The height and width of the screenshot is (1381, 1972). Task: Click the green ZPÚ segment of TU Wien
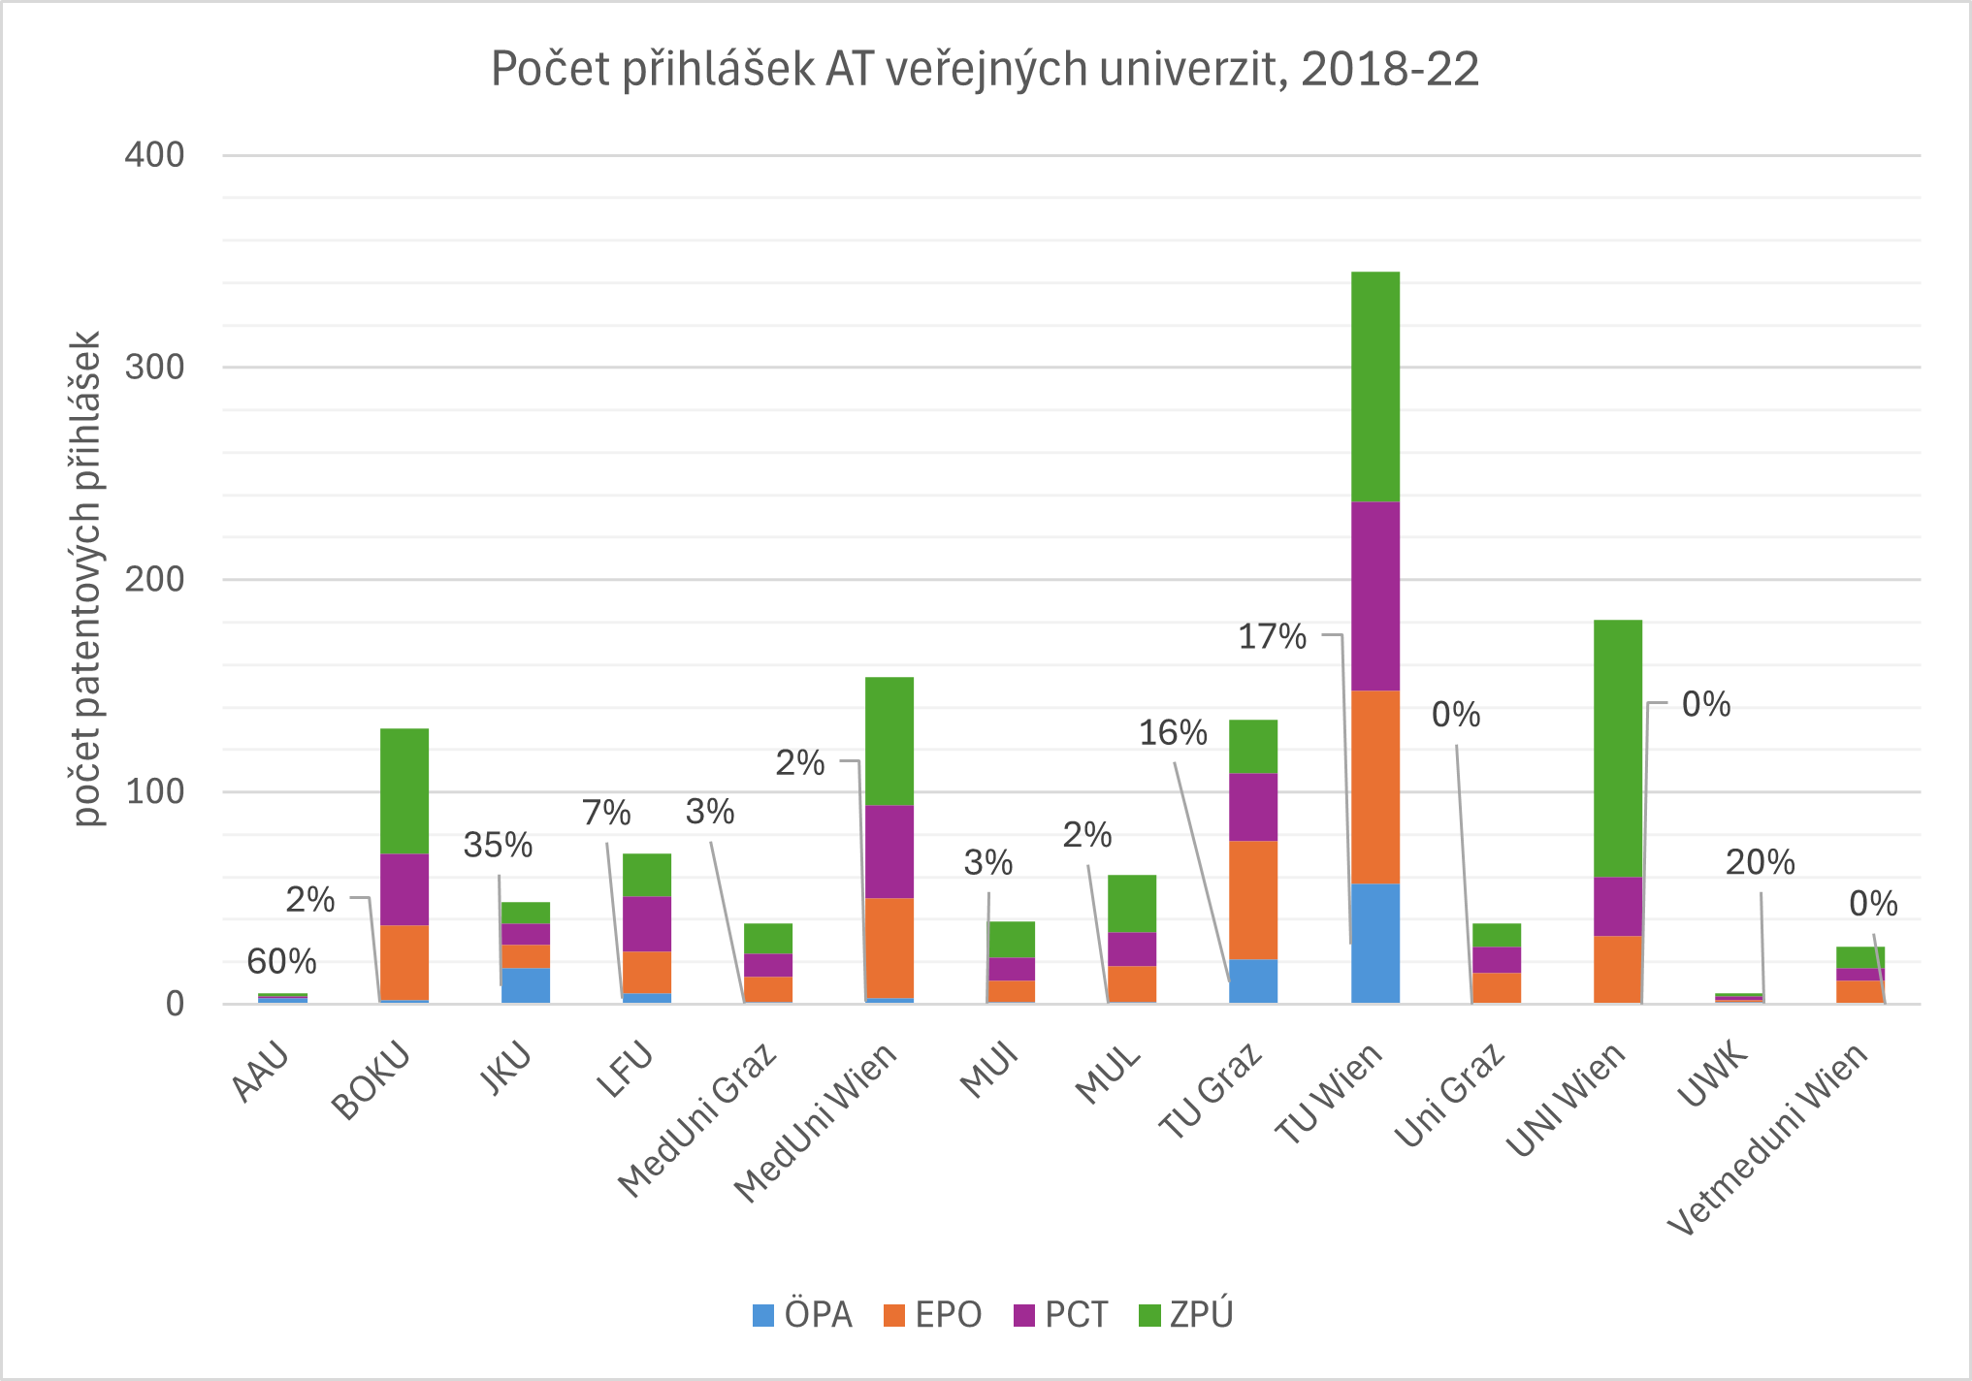1374,386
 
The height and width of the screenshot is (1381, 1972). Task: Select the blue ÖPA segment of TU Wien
1374,943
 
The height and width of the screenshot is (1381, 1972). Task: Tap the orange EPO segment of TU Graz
1252,900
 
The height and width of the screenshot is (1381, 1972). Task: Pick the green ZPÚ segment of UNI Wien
1617,748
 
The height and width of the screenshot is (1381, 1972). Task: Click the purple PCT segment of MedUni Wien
889,851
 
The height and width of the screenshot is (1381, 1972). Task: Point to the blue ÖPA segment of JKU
525,984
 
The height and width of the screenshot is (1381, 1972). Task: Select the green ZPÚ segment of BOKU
404,790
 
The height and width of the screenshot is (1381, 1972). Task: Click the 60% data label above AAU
281,962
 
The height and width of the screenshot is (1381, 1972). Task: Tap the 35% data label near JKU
498,846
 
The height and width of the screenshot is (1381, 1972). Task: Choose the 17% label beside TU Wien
1272,637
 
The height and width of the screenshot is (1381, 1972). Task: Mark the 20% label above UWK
1760,862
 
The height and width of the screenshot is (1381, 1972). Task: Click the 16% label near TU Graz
1172,733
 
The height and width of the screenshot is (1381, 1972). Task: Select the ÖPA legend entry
803,1315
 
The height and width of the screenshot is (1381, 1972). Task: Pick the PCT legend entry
1061,1315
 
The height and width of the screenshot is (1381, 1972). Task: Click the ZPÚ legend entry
1186,1315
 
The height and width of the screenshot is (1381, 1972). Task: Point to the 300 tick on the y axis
154,368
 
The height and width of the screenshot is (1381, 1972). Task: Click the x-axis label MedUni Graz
697,1121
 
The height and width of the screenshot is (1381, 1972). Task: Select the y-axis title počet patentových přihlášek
87,579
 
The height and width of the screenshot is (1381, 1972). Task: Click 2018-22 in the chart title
1389,70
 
